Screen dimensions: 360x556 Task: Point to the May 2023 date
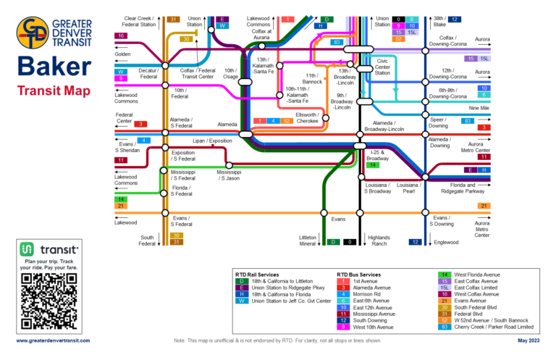click(527, 340)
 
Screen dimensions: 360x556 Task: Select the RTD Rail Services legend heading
click(258, 275)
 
